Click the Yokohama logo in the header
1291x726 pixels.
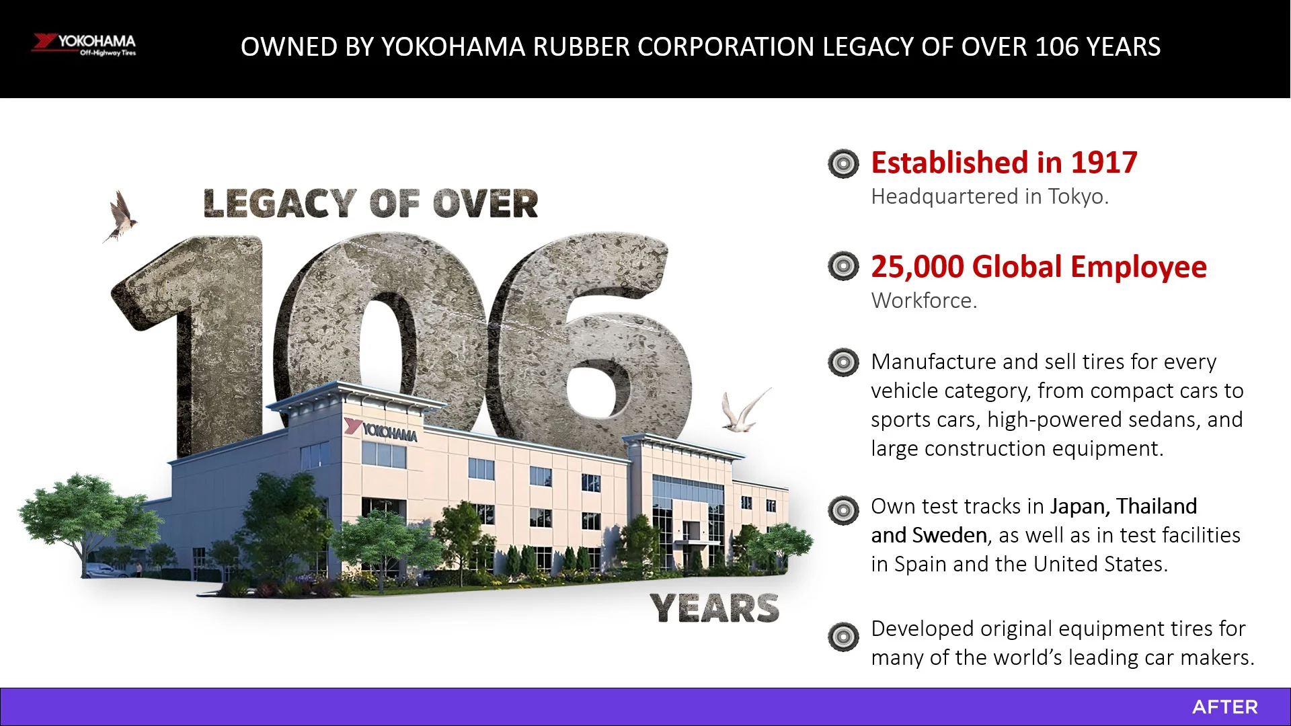click(84, 44)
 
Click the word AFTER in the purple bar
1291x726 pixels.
click(1224, 707)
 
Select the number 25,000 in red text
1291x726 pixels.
click(917, 266)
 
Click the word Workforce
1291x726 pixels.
click(924, 300)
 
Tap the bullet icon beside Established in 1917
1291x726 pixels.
click(843, 163)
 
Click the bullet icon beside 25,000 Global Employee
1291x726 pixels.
click(843, 266)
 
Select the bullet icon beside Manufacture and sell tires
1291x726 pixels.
click(843, 362)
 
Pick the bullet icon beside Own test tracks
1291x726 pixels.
click(843, 510)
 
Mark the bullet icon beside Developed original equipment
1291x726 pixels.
click(843, 637)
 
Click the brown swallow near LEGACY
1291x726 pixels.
click(121, 216)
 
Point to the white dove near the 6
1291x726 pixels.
click(744, 410)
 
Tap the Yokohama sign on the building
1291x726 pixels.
click(381, 430)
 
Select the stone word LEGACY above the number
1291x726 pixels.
click(280, 204)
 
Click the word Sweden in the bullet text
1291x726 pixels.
click(949, 535)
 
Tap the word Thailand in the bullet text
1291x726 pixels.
click(1157, 506)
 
